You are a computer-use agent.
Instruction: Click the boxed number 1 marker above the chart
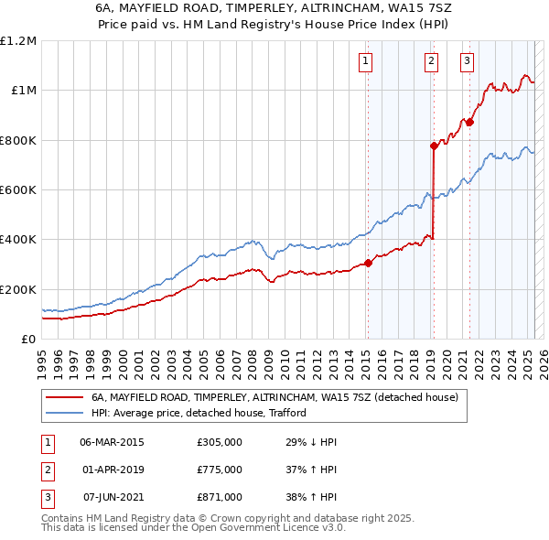coord(366,61)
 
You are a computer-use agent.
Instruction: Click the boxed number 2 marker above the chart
coord(431,61)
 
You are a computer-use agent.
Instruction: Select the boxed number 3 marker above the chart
coord(467,61)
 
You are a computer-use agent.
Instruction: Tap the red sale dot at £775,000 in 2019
coord(434,146)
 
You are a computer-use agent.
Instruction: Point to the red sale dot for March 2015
coord(368,263)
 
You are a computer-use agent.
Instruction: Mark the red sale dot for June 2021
coord(469,122)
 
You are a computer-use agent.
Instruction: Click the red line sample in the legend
coord(64,398)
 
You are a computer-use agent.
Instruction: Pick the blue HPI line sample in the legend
coord(64,413)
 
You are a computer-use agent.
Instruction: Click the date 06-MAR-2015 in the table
coord(112,442)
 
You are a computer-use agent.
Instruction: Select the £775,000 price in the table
coord(220,470)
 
